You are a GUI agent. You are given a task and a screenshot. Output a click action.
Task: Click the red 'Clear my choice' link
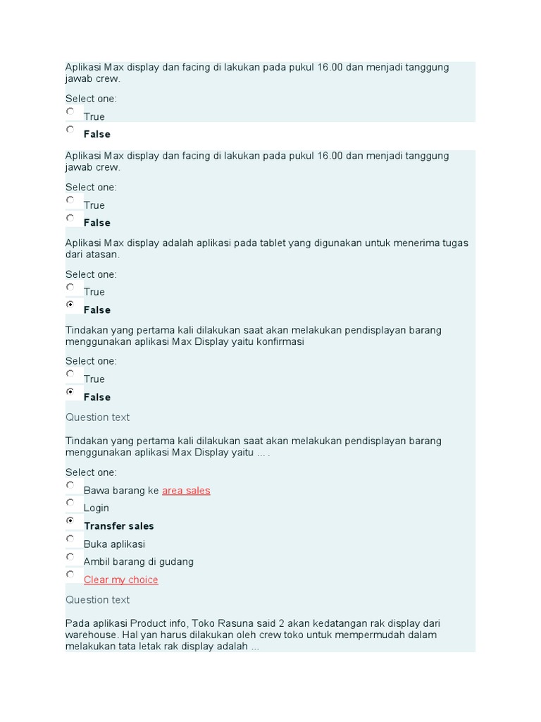click(x=120, y=580)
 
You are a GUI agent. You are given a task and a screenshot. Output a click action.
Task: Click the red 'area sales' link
click(x=186, y=491)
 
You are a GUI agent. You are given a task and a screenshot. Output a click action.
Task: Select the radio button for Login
click(x=70, y=503)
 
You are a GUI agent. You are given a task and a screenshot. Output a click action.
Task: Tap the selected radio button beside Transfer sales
click(x=70, y=520)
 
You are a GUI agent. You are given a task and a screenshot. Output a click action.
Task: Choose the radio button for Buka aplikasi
click(x=70, y=539)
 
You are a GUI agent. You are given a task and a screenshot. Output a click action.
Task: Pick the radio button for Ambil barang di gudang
click(x=70, y=556)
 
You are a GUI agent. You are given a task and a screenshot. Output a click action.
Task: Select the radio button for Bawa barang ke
click(x=70, y=485)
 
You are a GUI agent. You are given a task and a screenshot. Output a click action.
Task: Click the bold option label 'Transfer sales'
click(x=118, y=526)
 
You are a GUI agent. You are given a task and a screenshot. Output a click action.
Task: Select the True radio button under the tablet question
click(x=70, y=287)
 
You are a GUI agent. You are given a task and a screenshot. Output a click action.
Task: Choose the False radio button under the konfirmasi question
click(x=70, y=391)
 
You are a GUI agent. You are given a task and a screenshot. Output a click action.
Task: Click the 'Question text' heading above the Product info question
click(x=97, y=600)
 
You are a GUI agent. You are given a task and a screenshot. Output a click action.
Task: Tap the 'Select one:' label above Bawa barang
click(x=91, y=472)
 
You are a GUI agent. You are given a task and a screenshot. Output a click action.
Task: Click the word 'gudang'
click(x=177, y=562)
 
